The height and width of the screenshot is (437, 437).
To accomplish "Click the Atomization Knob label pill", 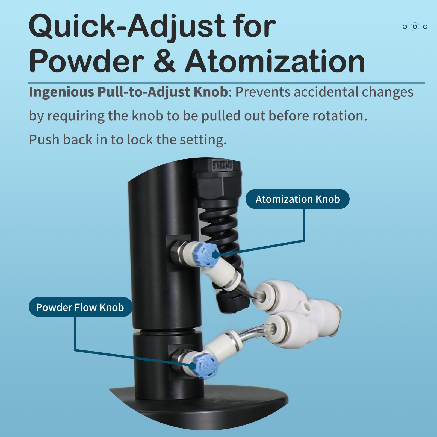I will pyautogui.click(x=297, y=199).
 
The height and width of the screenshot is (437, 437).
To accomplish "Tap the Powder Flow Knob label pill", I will pyautogui.click(x=80, y=307).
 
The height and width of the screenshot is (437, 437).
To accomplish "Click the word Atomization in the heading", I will pyautogui.click(x=275, y=61).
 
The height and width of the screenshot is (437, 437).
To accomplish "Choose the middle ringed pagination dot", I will pyautogui.click(x=415, y=27).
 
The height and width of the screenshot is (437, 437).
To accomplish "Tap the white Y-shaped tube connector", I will pyautogui.click(x=306, y=311).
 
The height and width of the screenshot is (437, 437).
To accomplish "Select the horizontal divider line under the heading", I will pyautogui.click(x=226, y=83).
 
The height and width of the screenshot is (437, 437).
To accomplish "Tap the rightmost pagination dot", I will pyautogui.click(x=425, y=27).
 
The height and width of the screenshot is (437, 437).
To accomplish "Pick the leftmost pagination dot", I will pyautogui.click(x=405, y=27).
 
